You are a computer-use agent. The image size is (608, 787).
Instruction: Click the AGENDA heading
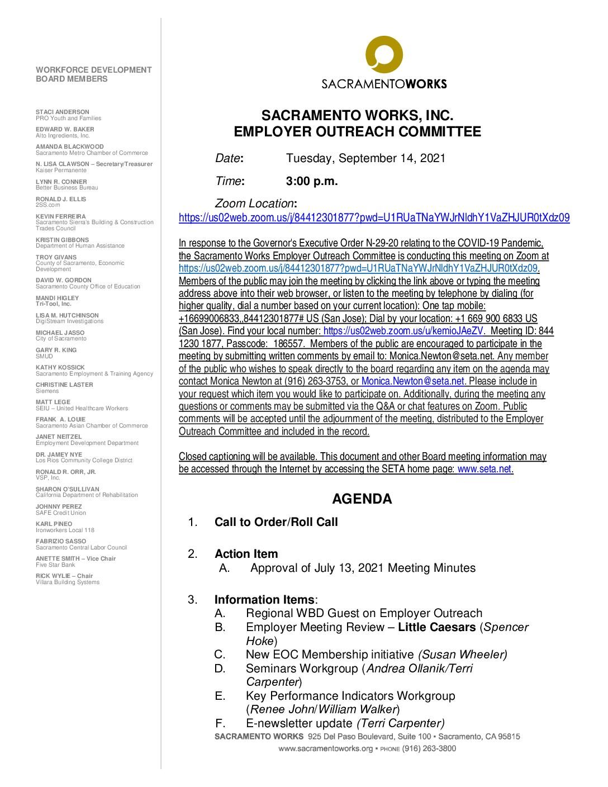point(362,499)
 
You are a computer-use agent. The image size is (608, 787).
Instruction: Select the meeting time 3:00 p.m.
point(312,181)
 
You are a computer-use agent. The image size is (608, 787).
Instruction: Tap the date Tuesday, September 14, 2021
point(365,158)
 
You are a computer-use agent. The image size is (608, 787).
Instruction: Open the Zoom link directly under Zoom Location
point(374,218)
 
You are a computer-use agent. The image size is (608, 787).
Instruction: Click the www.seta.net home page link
point(484,469)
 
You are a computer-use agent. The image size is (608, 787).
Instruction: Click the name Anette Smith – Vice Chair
point(75,558)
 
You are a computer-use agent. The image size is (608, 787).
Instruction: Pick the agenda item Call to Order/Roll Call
point(276,522)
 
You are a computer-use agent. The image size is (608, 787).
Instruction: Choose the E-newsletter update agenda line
point(345,723)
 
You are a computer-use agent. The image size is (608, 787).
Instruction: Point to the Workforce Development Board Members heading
point(93,74)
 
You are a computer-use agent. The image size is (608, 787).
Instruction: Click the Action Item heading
point(246,554)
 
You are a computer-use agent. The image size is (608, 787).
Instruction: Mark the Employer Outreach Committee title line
point(357,132)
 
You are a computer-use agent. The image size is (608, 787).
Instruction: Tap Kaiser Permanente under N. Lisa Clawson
point(61,170)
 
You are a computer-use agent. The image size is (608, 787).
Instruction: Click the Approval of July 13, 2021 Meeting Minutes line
point(363,568)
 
